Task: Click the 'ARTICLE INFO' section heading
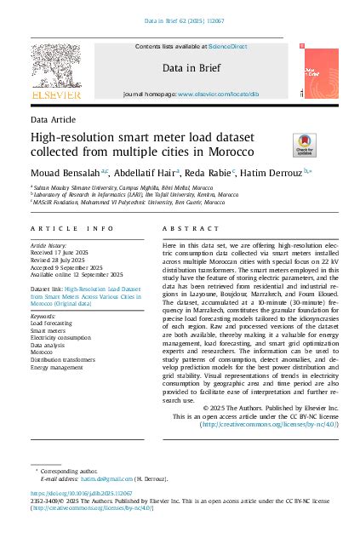coord(71,229)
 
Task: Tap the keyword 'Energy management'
coord(56,367)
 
